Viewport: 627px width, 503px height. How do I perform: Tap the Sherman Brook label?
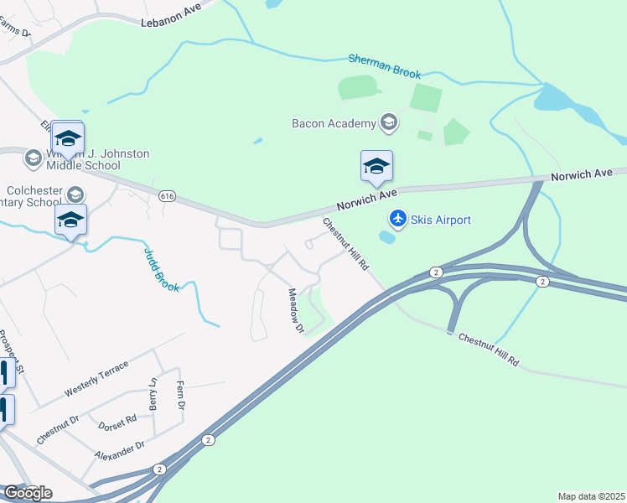pos(384,67)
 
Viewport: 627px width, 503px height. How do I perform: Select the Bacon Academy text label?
pos(334,124)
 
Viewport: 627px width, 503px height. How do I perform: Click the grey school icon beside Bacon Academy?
pos(388,123)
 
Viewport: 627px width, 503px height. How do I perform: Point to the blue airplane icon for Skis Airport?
pos(397,219)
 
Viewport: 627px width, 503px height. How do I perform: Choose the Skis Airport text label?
pos(440,220)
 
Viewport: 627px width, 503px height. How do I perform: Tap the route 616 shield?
pos(166,195)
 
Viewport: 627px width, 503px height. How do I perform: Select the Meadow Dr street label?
pos(295,311)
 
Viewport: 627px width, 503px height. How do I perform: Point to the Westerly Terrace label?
pos(97,380)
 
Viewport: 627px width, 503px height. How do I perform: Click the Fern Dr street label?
pos(179,395)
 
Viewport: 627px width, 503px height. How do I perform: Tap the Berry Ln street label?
pos(153,393)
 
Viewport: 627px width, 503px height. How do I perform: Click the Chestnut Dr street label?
pos(58,428)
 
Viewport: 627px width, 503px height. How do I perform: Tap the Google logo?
pos(28,492)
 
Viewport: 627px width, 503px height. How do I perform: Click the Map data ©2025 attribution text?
pos(592,496)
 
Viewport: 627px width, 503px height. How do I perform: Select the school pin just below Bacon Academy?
pos(376,167)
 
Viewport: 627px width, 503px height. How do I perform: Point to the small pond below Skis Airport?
pos(387,237)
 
